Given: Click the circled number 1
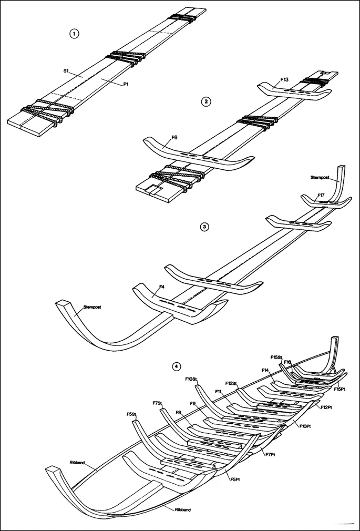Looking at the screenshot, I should point(74,34).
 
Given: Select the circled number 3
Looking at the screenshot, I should point(205,227).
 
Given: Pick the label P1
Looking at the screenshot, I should point(126,85).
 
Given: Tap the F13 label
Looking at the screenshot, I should point(284,79).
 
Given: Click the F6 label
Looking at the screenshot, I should point(174,137).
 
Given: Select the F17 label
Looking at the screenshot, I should point(321,195).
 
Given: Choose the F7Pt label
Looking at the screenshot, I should point(271,454).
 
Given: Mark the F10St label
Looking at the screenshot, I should point(191,379).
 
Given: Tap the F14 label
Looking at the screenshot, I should point(265,370).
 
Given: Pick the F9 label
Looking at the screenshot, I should point(193,403).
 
